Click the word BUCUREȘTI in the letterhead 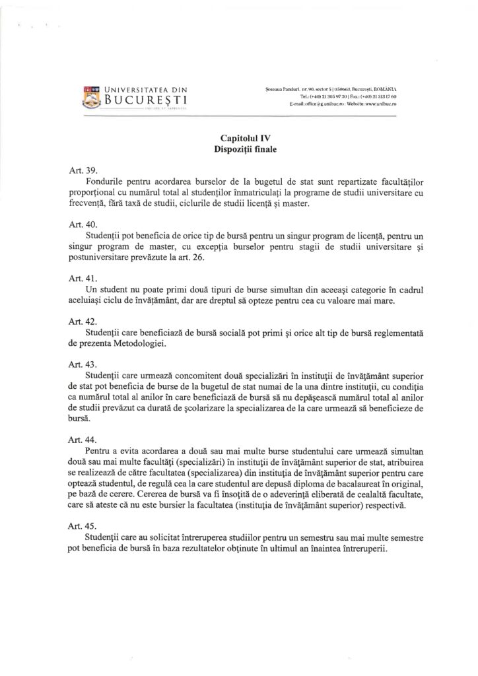(x=143, y=101)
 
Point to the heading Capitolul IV (x=238, y=138)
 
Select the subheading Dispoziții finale (x=238, y=149)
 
